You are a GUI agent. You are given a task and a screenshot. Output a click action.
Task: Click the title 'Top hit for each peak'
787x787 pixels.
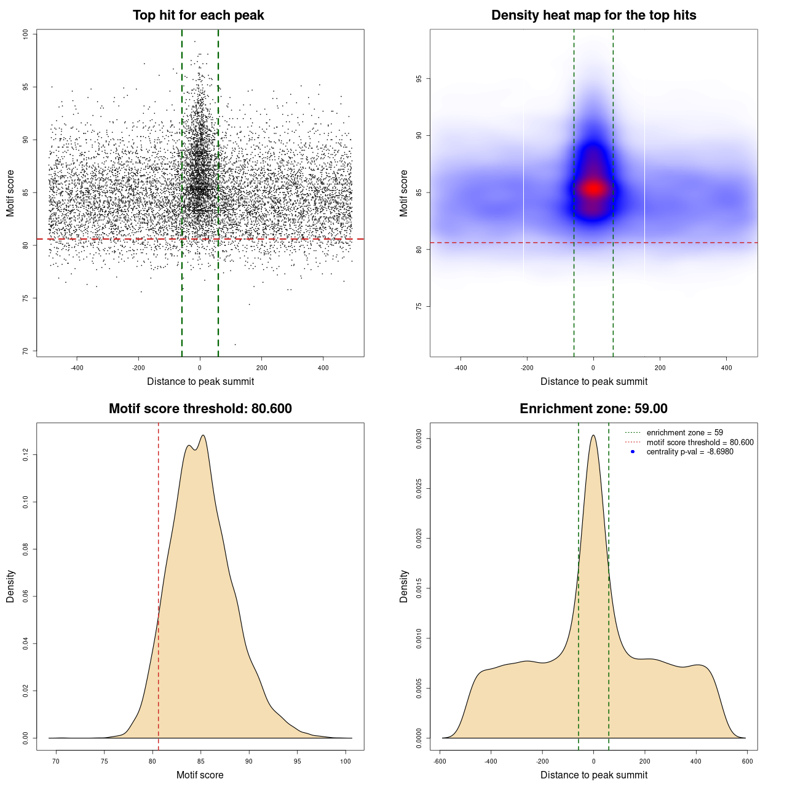click(x=198, y=15)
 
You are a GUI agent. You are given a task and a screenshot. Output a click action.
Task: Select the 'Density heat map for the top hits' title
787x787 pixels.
click(x=593, y=15)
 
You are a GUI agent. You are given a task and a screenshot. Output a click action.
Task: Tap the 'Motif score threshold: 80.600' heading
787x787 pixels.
click(x=200, y=409)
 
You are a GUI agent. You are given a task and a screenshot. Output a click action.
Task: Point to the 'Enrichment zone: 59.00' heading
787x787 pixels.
click(x=593, y=409)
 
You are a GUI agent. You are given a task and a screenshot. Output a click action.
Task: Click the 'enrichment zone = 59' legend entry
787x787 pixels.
click(x=684, y=433)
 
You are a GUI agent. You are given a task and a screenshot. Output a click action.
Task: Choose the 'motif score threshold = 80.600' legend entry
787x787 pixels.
click(x=700, y=442)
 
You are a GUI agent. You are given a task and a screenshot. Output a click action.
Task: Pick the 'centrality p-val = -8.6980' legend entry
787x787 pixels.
click(x=690, y=452)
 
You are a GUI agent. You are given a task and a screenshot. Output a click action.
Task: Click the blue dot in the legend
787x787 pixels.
click(x=633, y=452)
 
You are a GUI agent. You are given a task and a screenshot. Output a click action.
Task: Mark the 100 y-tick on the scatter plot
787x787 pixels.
click(x=25, y=34)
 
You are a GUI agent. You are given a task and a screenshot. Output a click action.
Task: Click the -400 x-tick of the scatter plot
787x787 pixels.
click(x=77, y=368)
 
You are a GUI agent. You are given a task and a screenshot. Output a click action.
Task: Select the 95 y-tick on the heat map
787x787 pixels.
click(x=419, y=79)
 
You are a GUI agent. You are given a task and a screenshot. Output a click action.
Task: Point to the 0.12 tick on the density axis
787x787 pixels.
click(x=25, y=455)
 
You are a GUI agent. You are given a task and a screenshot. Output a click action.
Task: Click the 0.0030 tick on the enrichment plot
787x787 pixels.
click(x=419, y=439)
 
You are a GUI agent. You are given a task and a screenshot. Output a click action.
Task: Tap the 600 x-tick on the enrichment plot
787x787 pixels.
click(x=747, y=761)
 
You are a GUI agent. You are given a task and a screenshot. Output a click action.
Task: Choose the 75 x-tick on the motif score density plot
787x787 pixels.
click(x=105, y=761)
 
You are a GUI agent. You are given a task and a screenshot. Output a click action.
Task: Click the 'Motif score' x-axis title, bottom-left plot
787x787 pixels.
click(x=200, y=775)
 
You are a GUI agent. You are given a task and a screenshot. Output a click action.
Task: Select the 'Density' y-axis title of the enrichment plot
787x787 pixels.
click(x=404, y=586)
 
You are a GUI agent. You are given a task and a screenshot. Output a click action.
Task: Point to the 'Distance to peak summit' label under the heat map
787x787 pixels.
click(x=593, y=381)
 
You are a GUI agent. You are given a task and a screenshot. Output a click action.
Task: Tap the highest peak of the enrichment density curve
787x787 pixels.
click(x=593, y=435)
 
